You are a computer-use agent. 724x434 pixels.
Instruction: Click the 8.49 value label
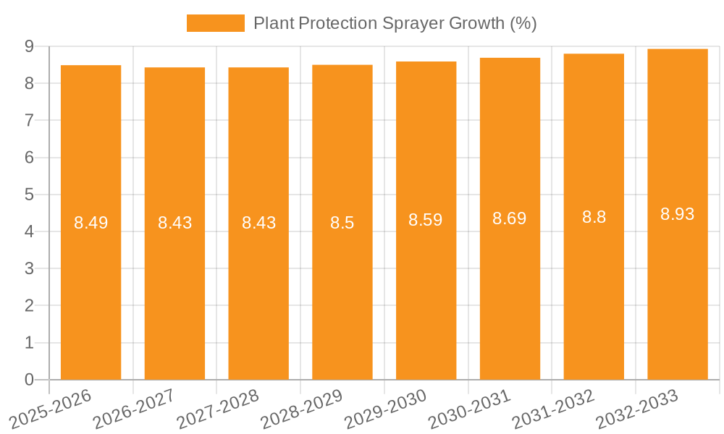pyautogui.click(x=90, y=223)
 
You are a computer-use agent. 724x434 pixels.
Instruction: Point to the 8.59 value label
pyautogui.click(x=426, y=220)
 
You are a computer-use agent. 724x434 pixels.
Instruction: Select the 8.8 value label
pyautogui.click(x=594, y=217)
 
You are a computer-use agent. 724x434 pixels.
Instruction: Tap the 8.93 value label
pyautogui.click(x=678, y=214)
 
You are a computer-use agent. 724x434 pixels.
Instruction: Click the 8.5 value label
pyautogui.click(x=342, y=223)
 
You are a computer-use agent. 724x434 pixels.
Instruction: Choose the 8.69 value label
pyautogui.click(x=510, y=218)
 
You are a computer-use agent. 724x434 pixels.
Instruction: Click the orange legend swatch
pyautogui.click(x=215, y=23)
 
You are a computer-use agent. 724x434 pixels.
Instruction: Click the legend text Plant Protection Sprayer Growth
pyautogui.click(x=395, y=23)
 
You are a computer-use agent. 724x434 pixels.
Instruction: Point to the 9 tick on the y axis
pyautogui.click(x=29, y=46)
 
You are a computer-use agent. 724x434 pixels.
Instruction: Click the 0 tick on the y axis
pyautogui.click(x=29, y=380)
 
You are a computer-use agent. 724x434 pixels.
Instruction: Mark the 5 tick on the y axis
pyautogui.click(x=29, y=195)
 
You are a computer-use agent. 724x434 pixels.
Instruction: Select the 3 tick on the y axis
pyautogui.click(x=29, y=269)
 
